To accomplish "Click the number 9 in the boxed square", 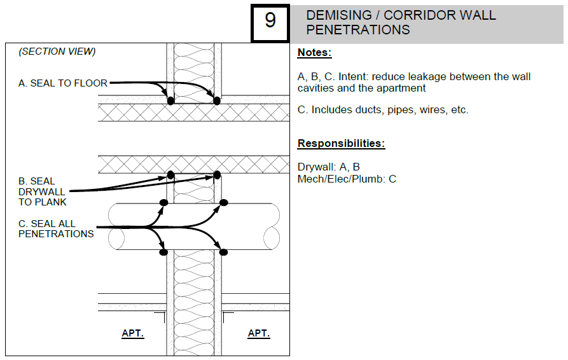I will coord(270,21).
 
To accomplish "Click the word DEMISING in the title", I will coord(338,15).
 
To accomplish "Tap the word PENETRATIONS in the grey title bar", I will coord(358,29).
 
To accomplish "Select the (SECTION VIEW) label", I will coord(57,52).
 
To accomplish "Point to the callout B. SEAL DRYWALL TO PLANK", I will coord(42,191).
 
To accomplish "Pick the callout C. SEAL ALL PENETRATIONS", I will coord(56,228).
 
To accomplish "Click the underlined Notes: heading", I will coord(314,53).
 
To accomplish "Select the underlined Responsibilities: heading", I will coord(341,143).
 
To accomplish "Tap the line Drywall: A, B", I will coord(328,167).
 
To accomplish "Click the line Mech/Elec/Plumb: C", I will coord(347,179).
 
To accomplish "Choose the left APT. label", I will coord(133,333).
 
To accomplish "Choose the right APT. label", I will coord(259,333).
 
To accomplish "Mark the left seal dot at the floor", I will coord(170,100).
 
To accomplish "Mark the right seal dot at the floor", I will coord(217,100).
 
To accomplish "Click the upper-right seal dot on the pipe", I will coord(224,202).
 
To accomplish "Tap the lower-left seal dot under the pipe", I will coord(163,252).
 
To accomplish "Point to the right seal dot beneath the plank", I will coord(217,174).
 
